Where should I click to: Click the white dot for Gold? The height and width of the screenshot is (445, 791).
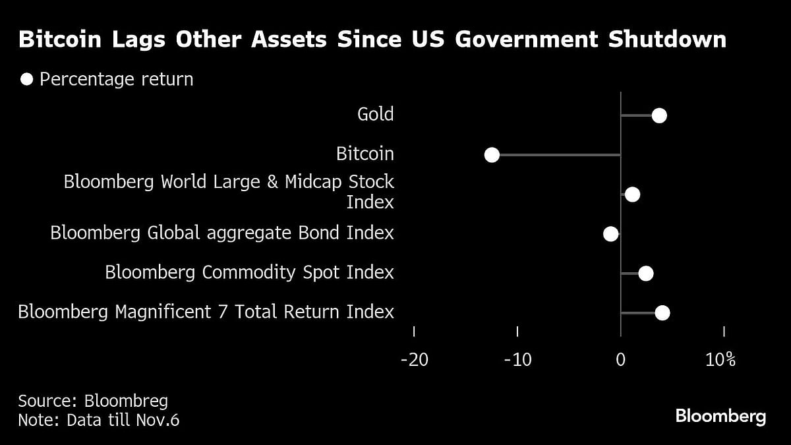(659, 116)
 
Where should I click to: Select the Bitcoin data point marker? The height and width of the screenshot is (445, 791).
(492, 155)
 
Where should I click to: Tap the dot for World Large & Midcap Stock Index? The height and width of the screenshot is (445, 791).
(632, 194)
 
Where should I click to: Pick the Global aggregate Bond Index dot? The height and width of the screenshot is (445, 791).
(611, 234)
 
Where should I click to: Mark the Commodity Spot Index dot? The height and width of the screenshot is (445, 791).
(645, 274)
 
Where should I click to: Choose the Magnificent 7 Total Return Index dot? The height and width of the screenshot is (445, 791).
(662, 312)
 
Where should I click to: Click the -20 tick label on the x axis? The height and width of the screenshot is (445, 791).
(414, 360)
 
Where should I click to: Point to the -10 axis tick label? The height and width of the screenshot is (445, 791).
(517, 360)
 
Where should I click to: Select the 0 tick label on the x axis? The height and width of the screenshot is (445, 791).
(620, 360)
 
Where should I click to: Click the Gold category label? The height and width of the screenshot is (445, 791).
(375, 114)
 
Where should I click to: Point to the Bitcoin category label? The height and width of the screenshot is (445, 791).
(365, 154)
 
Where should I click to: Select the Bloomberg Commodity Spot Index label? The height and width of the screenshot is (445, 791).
(249, 272)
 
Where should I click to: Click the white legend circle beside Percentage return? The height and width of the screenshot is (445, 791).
(27, 80)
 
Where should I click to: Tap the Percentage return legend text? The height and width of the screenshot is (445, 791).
(116, 80)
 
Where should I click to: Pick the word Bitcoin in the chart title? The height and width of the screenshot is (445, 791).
(61, 40)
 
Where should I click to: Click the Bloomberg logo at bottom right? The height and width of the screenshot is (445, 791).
(720, 417)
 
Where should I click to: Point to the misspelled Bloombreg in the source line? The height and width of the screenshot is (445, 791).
(126, 400)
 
